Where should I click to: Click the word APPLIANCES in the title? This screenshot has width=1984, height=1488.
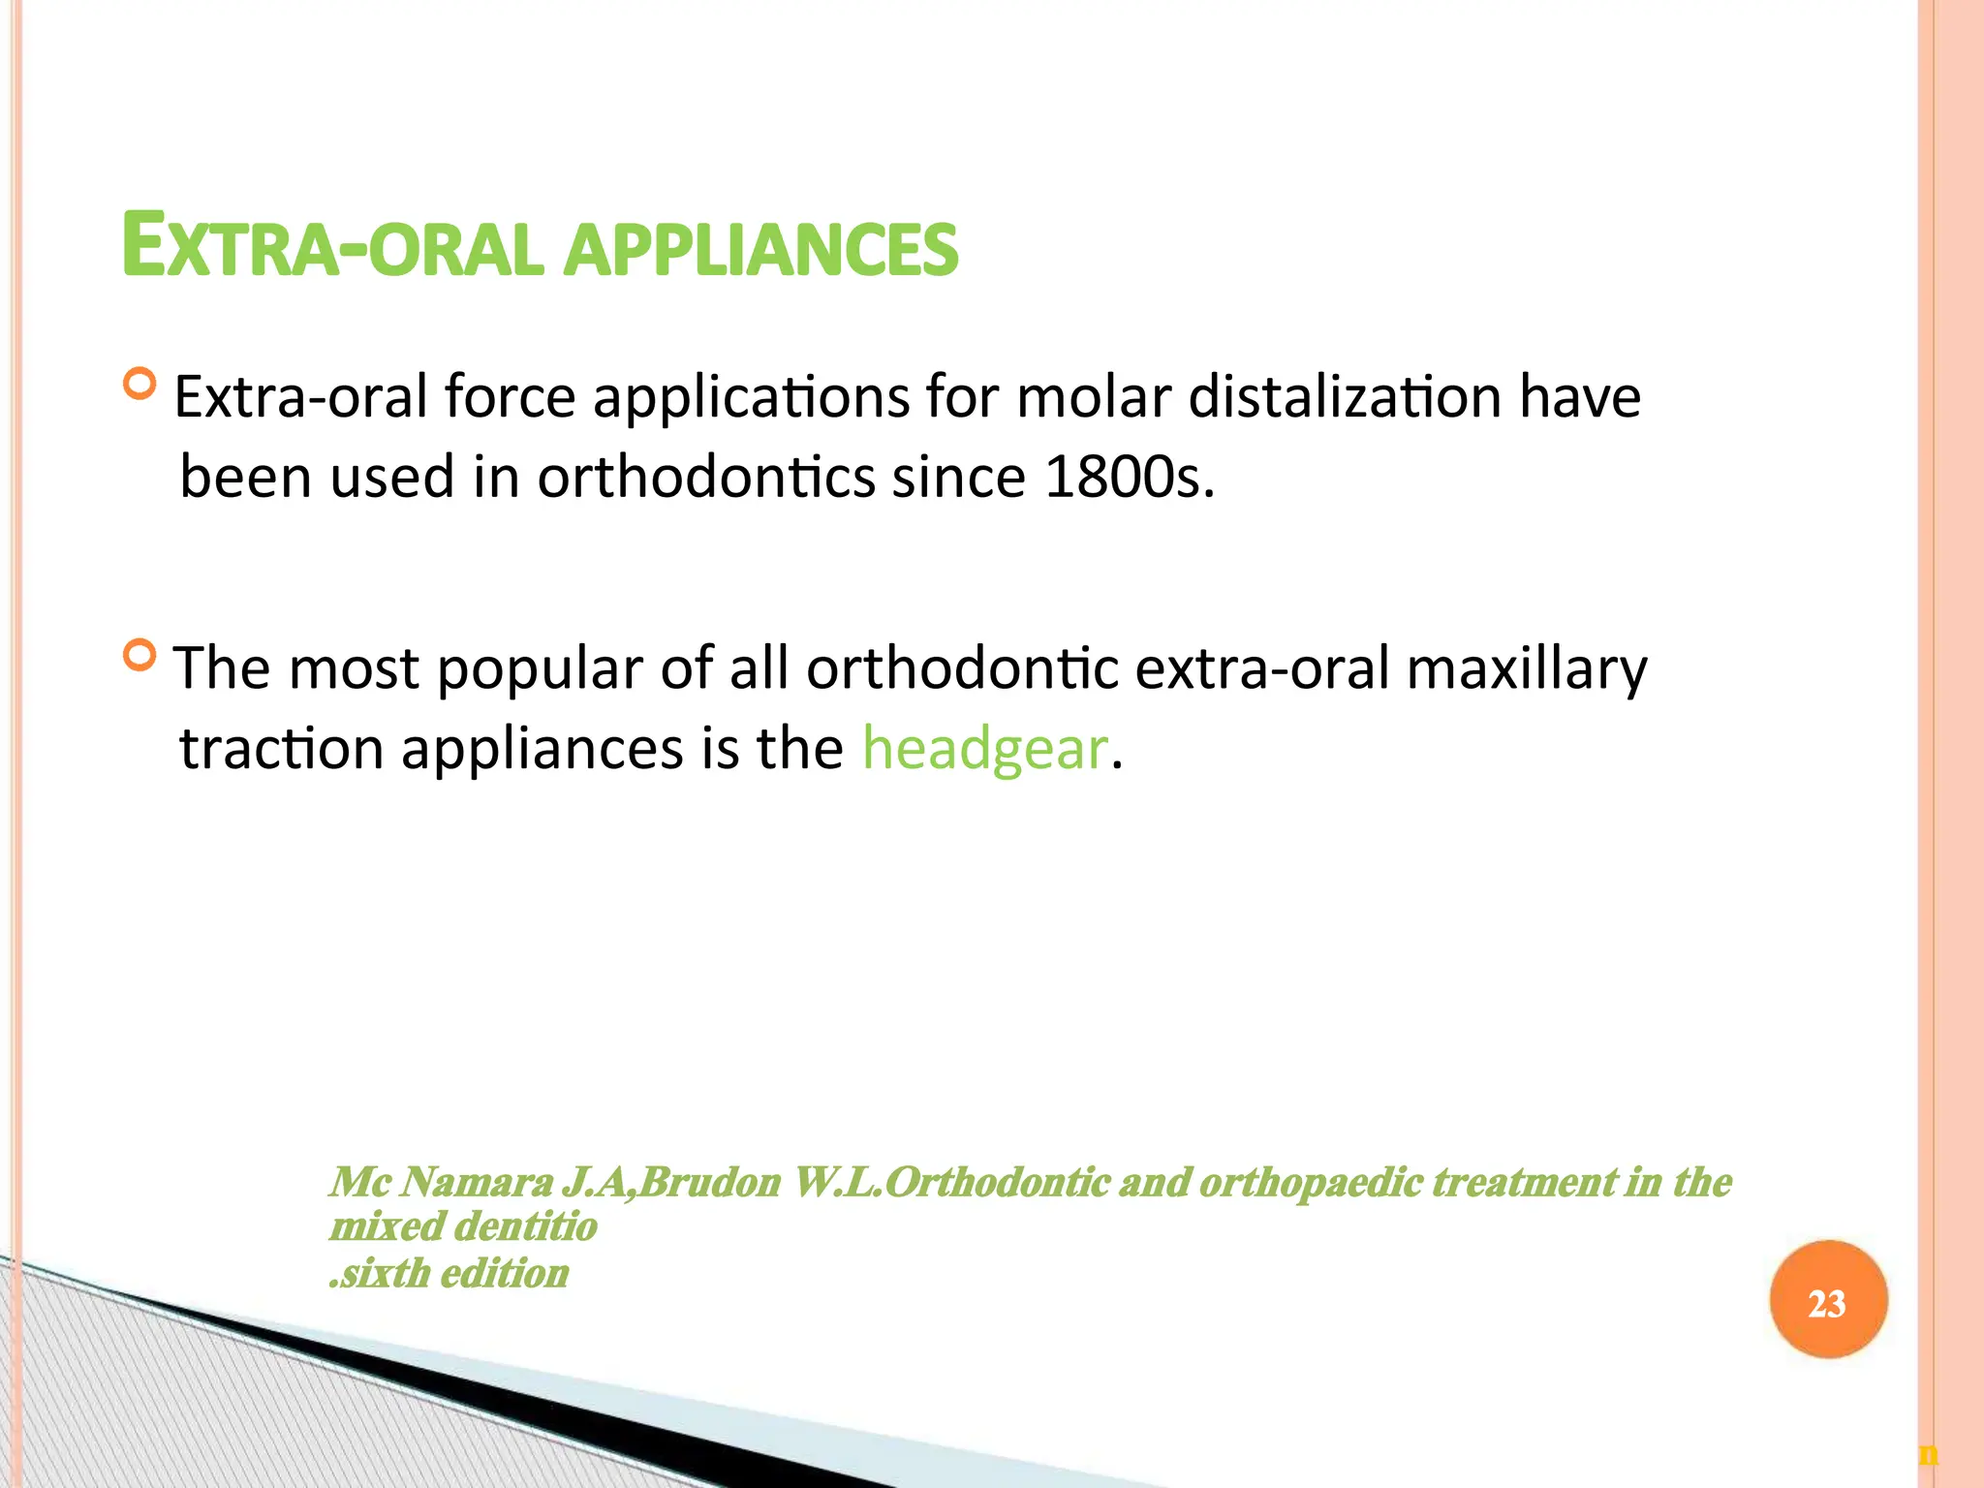click(x=760, y=248)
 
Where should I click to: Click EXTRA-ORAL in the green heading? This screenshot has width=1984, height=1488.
click(x=329, y=248)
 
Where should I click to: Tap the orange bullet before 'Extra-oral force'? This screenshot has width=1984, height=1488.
click(x=140, y=385)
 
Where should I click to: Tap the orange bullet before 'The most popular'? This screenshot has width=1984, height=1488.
click(x=140, y=656)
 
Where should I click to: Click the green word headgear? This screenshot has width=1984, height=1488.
click(x=984, y=749)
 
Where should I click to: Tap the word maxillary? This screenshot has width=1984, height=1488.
click(x=1526, y=669)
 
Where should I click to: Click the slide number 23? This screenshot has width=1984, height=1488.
click(x=1827, y=1303)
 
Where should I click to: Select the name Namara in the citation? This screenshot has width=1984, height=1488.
click(x=476, y=1182)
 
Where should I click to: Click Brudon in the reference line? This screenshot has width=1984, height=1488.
click(x=709, y=1182)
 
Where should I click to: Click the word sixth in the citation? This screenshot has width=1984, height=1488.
click(x=384, y=1273)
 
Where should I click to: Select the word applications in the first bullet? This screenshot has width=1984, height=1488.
click(x=751, y=397)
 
